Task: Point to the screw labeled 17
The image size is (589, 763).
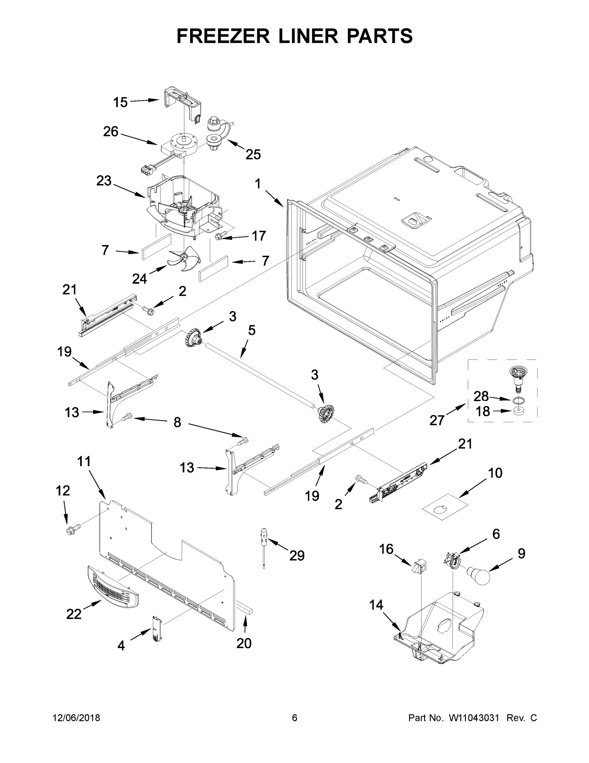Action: point(221,237)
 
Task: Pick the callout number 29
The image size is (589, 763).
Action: point(297,555)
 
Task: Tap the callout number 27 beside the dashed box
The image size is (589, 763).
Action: point(437,420)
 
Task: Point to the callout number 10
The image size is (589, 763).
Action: point(495,473)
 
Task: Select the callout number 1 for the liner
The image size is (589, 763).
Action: point(258,184)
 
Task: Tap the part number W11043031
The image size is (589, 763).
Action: point(474,718)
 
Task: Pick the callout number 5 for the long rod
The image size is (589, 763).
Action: point(251,330)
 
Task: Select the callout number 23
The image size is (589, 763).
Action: point(104,181)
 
